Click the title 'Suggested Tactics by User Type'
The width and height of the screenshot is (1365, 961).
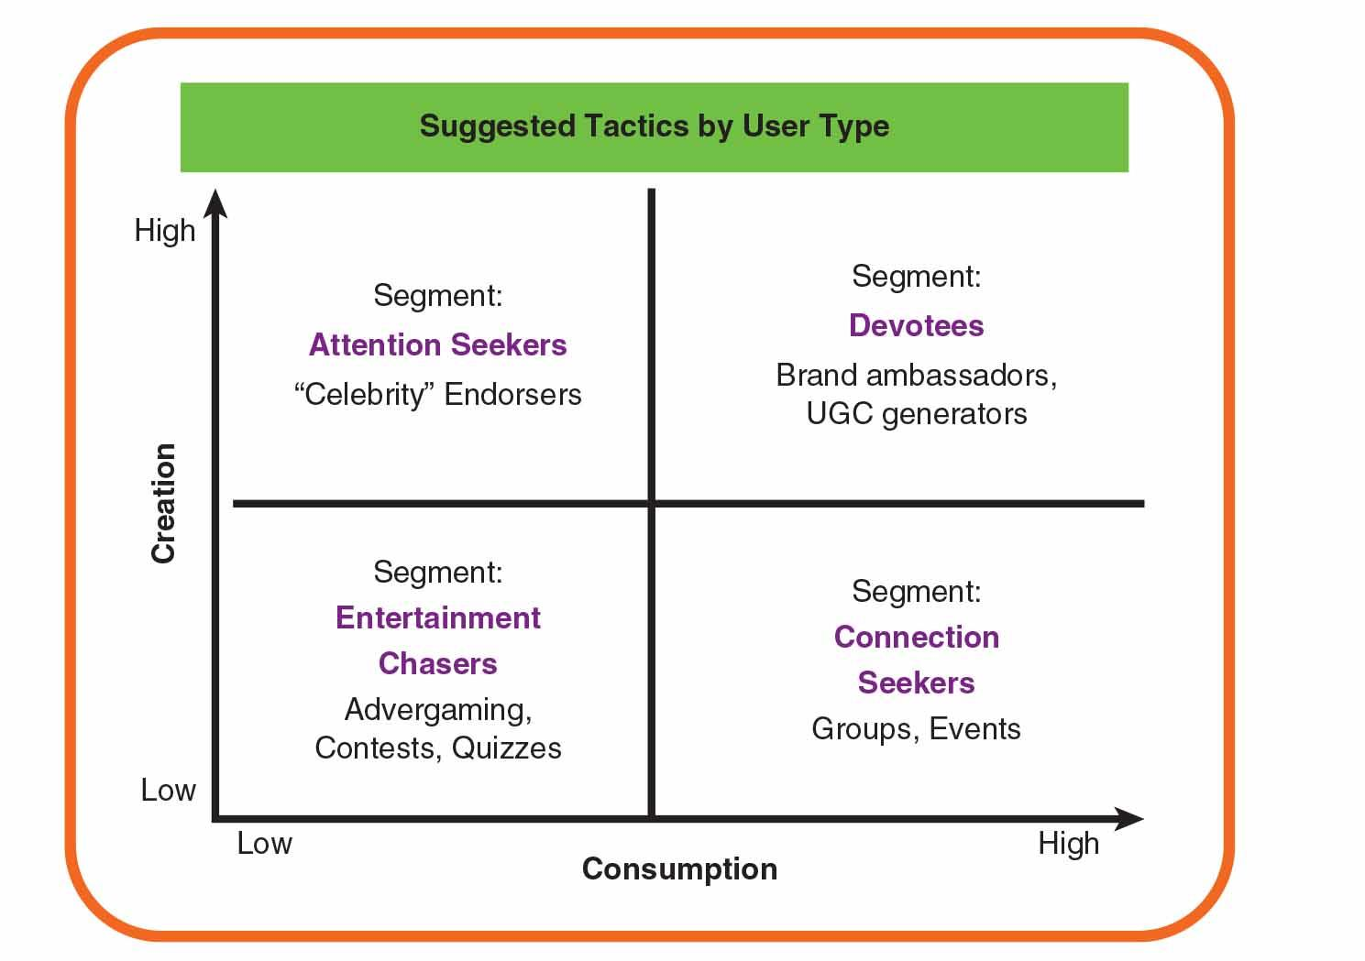point(654,126)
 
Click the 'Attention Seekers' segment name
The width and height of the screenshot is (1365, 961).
point(438,344)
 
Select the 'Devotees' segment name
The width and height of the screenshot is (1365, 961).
point(916,325)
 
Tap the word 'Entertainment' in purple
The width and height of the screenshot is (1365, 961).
point(438,617)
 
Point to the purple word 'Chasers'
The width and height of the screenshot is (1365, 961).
point(438,663)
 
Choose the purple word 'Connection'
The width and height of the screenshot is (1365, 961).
point(916,637)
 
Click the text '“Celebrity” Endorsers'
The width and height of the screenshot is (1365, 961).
point(438,394)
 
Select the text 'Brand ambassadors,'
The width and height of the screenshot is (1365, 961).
point(916,375)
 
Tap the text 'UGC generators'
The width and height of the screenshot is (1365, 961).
point(916,414)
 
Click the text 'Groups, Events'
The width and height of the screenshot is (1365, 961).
point(916,729)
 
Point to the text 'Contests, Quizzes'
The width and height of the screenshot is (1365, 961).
point(438,748)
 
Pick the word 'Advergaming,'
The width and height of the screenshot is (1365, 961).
point(438,710)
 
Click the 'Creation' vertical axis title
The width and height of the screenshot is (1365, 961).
point(163,503)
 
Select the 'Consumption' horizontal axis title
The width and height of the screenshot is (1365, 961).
point(679,868)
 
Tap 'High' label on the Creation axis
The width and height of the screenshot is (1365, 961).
point(165,230)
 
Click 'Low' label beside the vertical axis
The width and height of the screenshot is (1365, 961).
point(168,790)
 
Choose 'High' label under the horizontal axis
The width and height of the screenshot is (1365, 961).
point(1068,843)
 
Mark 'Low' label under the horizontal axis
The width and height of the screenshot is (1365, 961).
point(264,843)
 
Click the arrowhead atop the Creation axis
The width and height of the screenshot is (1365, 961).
point(215,202)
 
